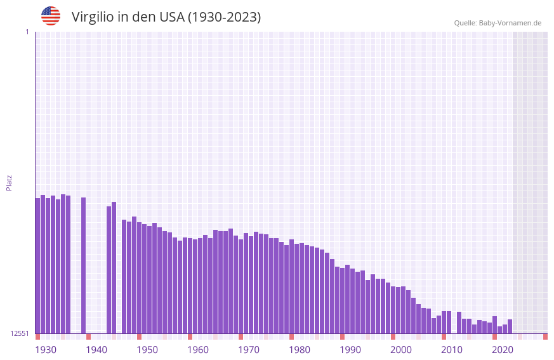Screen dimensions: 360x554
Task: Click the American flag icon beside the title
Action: point(51,16)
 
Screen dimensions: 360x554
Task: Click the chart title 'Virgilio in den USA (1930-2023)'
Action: point(166,17)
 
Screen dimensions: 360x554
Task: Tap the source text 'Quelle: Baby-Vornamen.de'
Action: point(498,23)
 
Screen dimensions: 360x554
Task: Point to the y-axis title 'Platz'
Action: point(9,182)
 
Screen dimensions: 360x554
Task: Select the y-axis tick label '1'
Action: point(27,32)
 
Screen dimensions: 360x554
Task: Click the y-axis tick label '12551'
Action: point(20,333)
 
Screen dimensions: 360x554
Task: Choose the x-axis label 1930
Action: point(46,350)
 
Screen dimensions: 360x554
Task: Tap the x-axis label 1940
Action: point(96,350)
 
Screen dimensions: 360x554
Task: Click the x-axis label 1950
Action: point(147,350)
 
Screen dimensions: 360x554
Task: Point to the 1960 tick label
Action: point(198,350)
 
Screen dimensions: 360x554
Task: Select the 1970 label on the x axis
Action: point(249,350)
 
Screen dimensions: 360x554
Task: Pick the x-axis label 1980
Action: point(300,350)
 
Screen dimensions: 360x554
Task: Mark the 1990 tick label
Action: point(350,350)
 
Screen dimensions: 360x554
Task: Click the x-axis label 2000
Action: point(401,350)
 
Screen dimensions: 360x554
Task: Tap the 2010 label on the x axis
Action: point(452,350)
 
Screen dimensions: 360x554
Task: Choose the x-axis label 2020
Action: point(503,350)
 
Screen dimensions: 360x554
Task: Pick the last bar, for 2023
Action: point(510,326)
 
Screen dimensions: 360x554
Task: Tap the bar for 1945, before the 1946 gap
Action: point(114,267)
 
